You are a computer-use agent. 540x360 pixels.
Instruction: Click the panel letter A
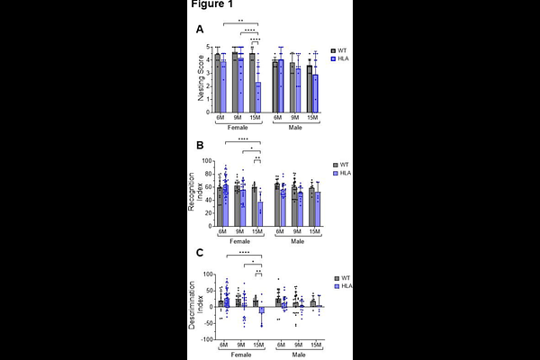(x=200, y=30)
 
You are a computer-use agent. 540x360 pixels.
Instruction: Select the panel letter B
(x=200, y=144)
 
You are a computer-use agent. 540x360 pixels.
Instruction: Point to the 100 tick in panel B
(x=204, y=162)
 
